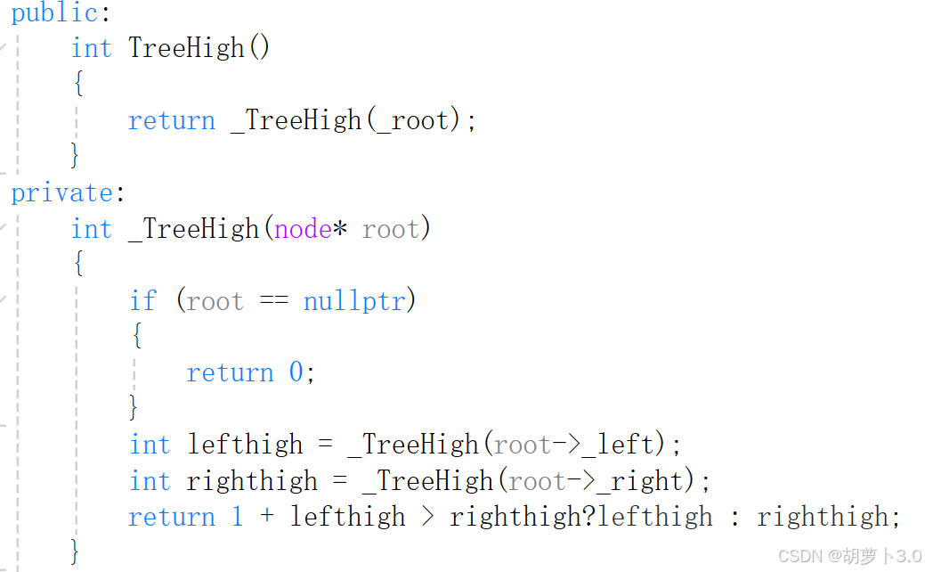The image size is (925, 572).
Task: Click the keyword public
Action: click(x=53, y=14)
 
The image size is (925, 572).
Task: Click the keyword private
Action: click(x=60, y=193)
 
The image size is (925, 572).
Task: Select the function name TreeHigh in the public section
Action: click(x=186, y=47)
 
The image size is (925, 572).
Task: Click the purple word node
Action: click(x=303, y=230)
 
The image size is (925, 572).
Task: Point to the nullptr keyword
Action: click(x=354, y=301)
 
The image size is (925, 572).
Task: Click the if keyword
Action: click(x=142, y=301)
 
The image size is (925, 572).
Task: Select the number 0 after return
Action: click(x=296, y=372)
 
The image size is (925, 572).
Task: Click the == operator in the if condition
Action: click(x=273, y=301)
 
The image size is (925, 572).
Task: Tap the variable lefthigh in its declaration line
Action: click(x=245, y=445)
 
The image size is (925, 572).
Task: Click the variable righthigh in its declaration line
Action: click(x=252, y=481)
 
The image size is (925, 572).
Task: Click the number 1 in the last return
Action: click(x=238, y=517)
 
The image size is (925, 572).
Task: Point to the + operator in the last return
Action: click(x=267, y=517)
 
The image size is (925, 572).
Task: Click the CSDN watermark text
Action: click(x=849, y=557)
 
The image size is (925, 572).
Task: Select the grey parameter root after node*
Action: click(x=391, y=230)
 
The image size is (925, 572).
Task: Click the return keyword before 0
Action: click(x=230, y=372)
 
